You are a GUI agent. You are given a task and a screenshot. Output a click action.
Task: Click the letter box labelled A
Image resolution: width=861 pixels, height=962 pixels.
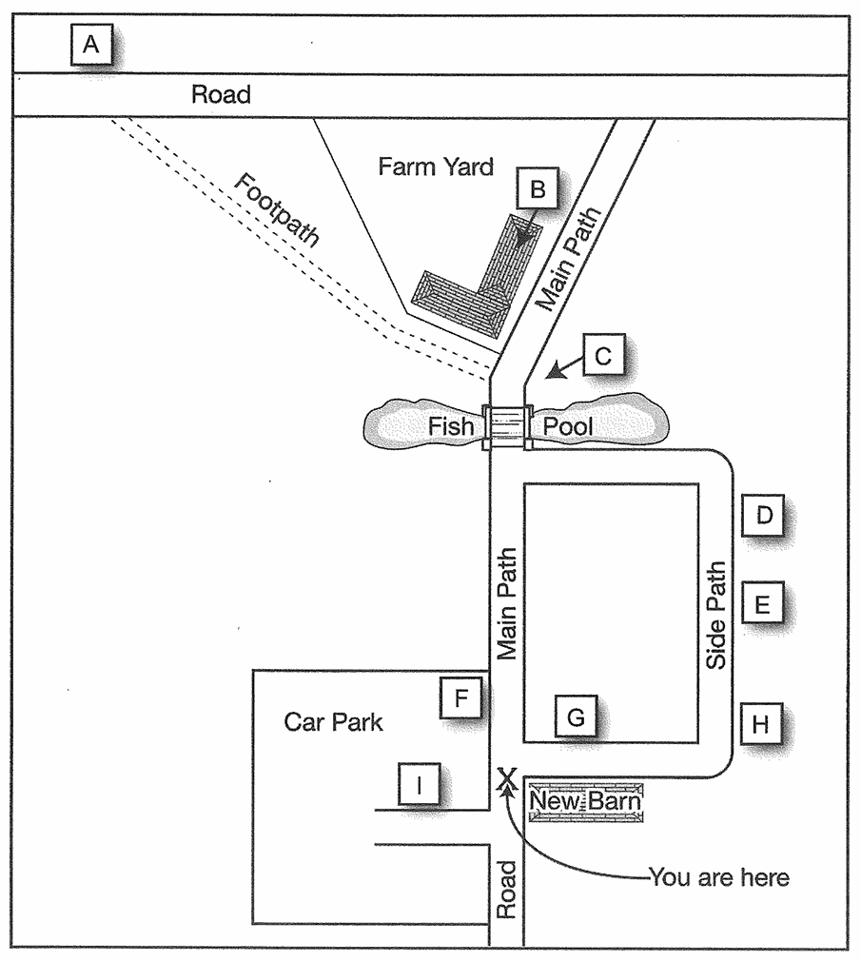click(x=91, y=44)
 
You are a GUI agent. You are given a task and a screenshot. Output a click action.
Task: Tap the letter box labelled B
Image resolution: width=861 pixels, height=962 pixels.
click(x=538, y=188)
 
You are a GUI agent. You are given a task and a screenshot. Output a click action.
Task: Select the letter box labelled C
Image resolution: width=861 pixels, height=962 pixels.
click(x=603, y=355)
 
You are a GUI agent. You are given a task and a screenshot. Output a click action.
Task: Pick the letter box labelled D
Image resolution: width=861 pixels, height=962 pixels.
click(x=763, y=516)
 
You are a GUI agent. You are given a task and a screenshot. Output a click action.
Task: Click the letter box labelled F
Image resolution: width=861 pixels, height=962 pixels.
click(x=461, y=697)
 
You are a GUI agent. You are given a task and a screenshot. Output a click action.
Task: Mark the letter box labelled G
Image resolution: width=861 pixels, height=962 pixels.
click(x=576, y=716)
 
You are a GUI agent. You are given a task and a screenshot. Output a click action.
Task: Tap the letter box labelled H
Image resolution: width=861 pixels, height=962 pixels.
click(x=762, y=724)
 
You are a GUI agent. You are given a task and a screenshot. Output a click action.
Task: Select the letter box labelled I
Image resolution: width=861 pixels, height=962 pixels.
click(x=420, y=783)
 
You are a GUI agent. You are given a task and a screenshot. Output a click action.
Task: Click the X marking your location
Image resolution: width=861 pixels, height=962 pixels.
click(x=506, y=777)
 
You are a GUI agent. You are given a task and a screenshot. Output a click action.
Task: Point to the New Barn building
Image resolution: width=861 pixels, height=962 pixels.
click(x=586, y=801)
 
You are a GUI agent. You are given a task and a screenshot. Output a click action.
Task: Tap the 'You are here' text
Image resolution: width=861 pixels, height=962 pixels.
click(x=718, y=877)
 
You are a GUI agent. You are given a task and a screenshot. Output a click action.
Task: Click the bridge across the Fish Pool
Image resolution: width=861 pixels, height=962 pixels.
click(x=506, y=426)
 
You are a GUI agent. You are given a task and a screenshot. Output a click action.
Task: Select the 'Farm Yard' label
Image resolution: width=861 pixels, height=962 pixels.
click(x=436, y=167)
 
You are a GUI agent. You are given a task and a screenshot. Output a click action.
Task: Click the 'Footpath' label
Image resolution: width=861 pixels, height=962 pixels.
click(x=277, y=209)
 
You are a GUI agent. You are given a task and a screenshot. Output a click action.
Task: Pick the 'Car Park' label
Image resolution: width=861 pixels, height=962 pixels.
click(x=333, y=721)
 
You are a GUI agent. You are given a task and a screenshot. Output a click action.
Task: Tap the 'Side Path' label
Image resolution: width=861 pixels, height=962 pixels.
click(x=715, y=615)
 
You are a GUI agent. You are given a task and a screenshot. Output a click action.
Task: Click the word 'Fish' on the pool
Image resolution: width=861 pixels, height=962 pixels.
click(x=451, y=425)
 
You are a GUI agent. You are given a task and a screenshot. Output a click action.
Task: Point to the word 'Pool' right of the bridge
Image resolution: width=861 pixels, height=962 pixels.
click(x=568, y=425)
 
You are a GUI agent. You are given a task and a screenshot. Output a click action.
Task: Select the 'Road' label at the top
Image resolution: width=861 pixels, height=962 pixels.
click(x=221, y=94)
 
